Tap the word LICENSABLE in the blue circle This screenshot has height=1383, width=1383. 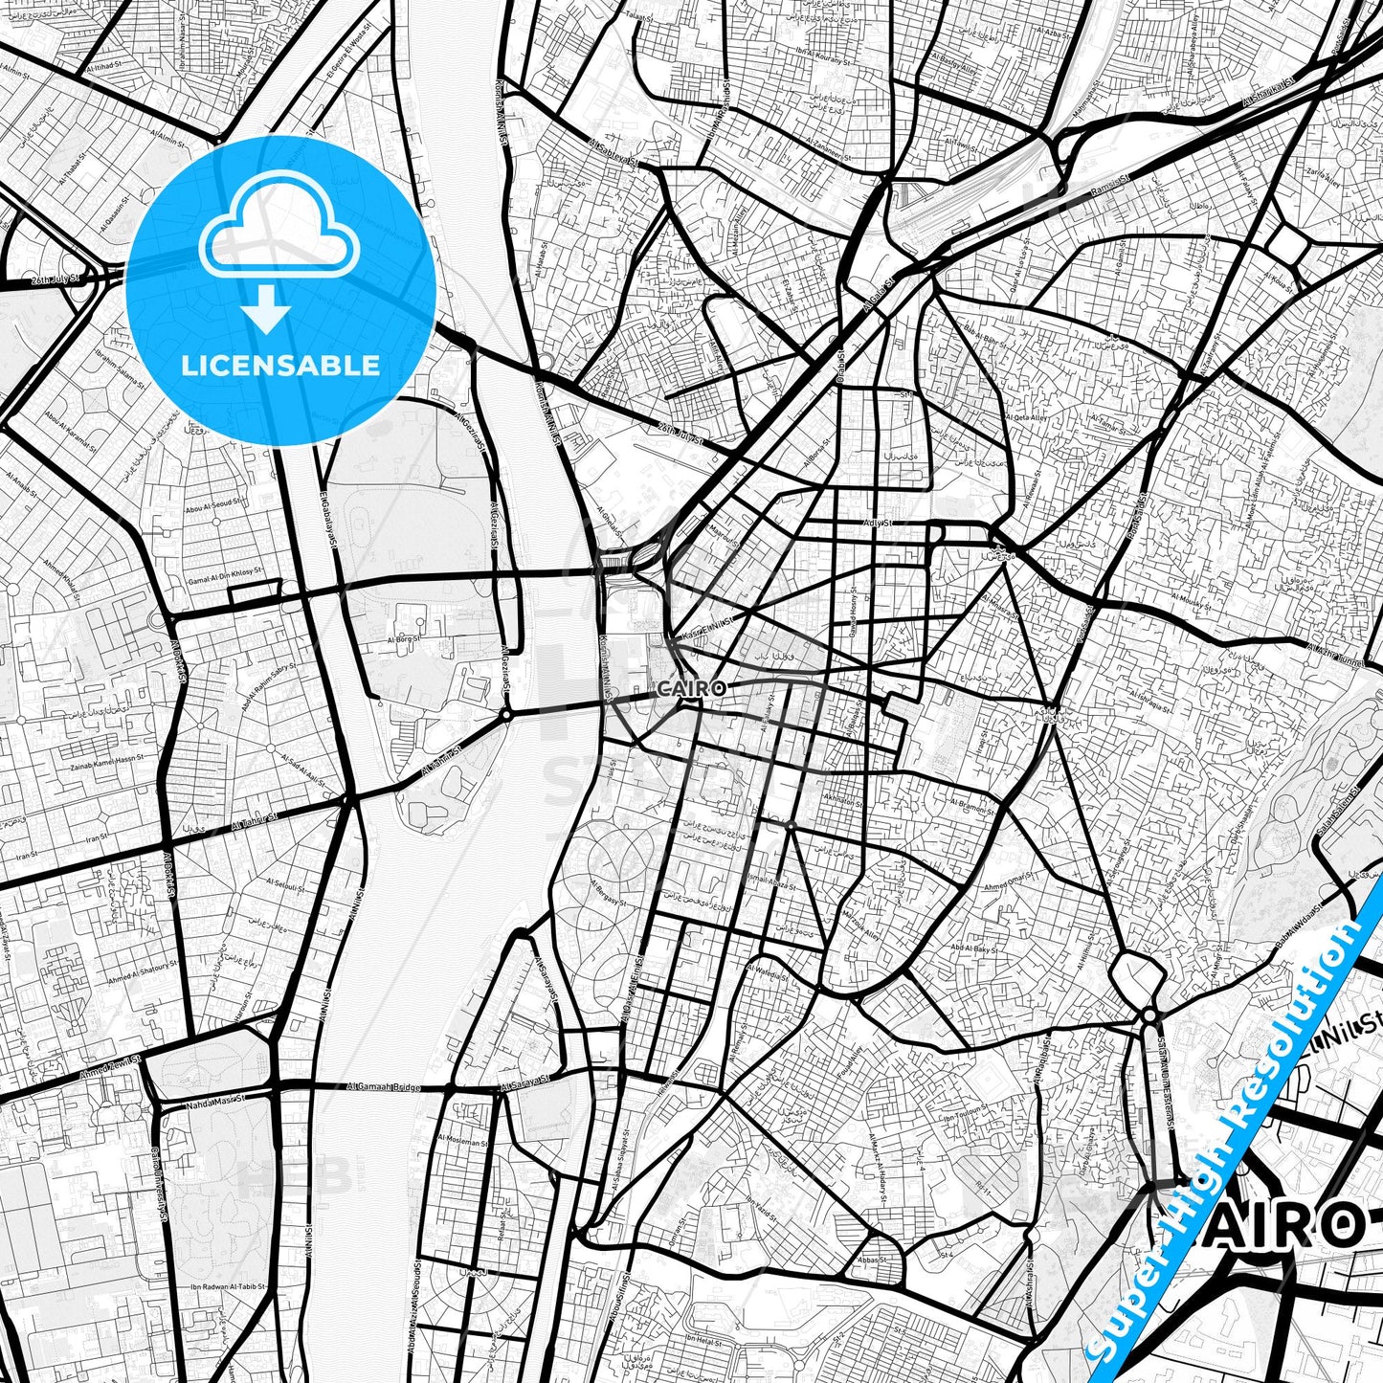coord(280,366)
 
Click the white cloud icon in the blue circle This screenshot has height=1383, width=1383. coord(279,236)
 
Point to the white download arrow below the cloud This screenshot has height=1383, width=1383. coord(267,313)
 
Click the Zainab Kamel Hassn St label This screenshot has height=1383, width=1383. coord(106,756)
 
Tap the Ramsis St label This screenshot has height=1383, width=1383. coord(1111,190)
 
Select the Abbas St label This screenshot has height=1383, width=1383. coord(872,1260)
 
